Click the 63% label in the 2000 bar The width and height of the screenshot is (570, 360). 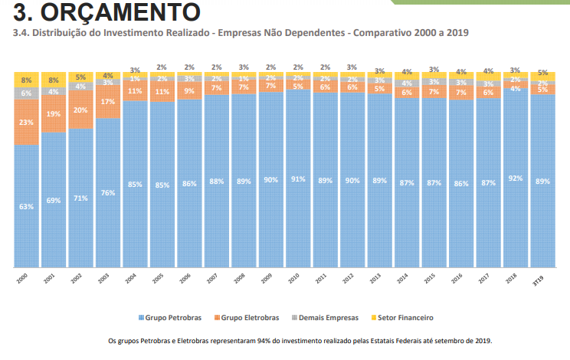(x=26, y=206)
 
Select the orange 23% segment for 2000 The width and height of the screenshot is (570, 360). (x=26, y=123)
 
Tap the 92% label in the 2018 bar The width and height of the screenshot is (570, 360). (x=516, y=178)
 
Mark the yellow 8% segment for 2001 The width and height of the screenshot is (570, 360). (x=53, y=79)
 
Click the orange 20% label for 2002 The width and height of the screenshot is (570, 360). (x=80, y=110)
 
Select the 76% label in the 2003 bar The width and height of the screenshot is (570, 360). (x=108, y=192)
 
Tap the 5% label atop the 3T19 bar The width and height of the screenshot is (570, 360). (x=542, y=73)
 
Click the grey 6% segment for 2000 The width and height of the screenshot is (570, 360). (x=26, y=93)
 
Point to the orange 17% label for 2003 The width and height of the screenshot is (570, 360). (x=108, y=101)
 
